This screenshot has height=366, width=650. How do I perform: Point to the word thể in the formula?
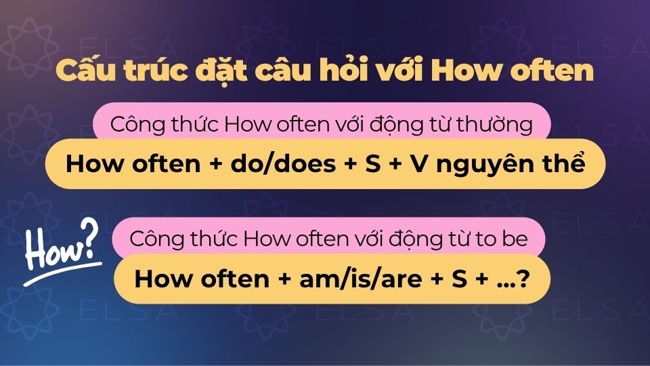(x=561, y=165)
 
